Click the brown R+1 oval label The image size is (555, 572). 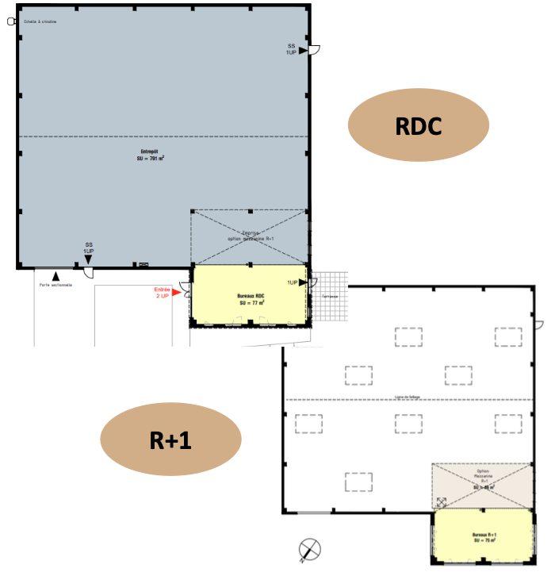point(170,440)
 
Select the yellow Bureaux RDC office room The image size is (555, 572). point(251,295)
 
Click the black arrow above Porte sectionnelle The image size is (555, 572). point(55,274)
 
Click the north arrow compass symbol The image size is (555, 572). point(311,549)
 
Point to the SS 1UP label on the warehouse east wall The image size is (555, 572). point(291,49)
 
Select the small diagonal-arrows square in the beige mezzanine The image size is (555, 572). point(442,501)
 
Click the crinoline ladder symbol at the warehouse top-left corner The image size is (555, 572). point(11,22)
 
